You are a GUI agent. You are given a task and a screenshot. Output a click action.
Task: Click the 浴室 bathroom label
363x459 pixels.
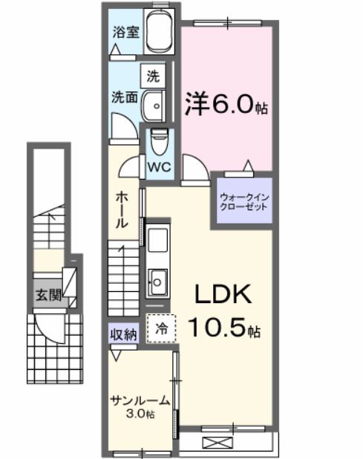click(124, 32)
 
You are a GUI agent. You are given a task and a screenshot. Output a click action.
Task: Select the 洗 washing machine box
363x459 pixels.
click(152, 76)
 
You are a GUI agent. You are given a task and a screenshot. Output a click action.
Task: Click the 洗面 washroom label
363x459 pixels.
click(123, 97)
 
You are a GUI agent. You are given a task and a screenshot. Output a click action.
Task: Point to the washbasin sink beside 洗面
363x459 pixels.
click(154, 105)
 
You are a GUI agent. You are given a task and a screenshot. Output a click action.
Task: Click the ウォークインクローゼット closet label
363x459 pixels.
click(243, 202)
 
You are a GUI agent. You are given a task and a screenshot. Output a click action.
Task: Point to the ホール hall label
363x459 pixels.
click(123, 209)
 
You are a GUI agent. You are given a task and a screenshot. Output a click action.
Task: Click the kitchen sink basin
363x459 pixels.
click(158, 280)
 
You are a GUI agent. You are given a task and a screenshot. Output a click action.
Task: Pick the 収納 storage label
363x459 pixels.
click(124, 333)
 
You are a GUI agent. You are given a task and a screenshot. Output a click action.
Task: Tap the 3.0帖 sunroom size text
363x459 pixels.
click(140, 414)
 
